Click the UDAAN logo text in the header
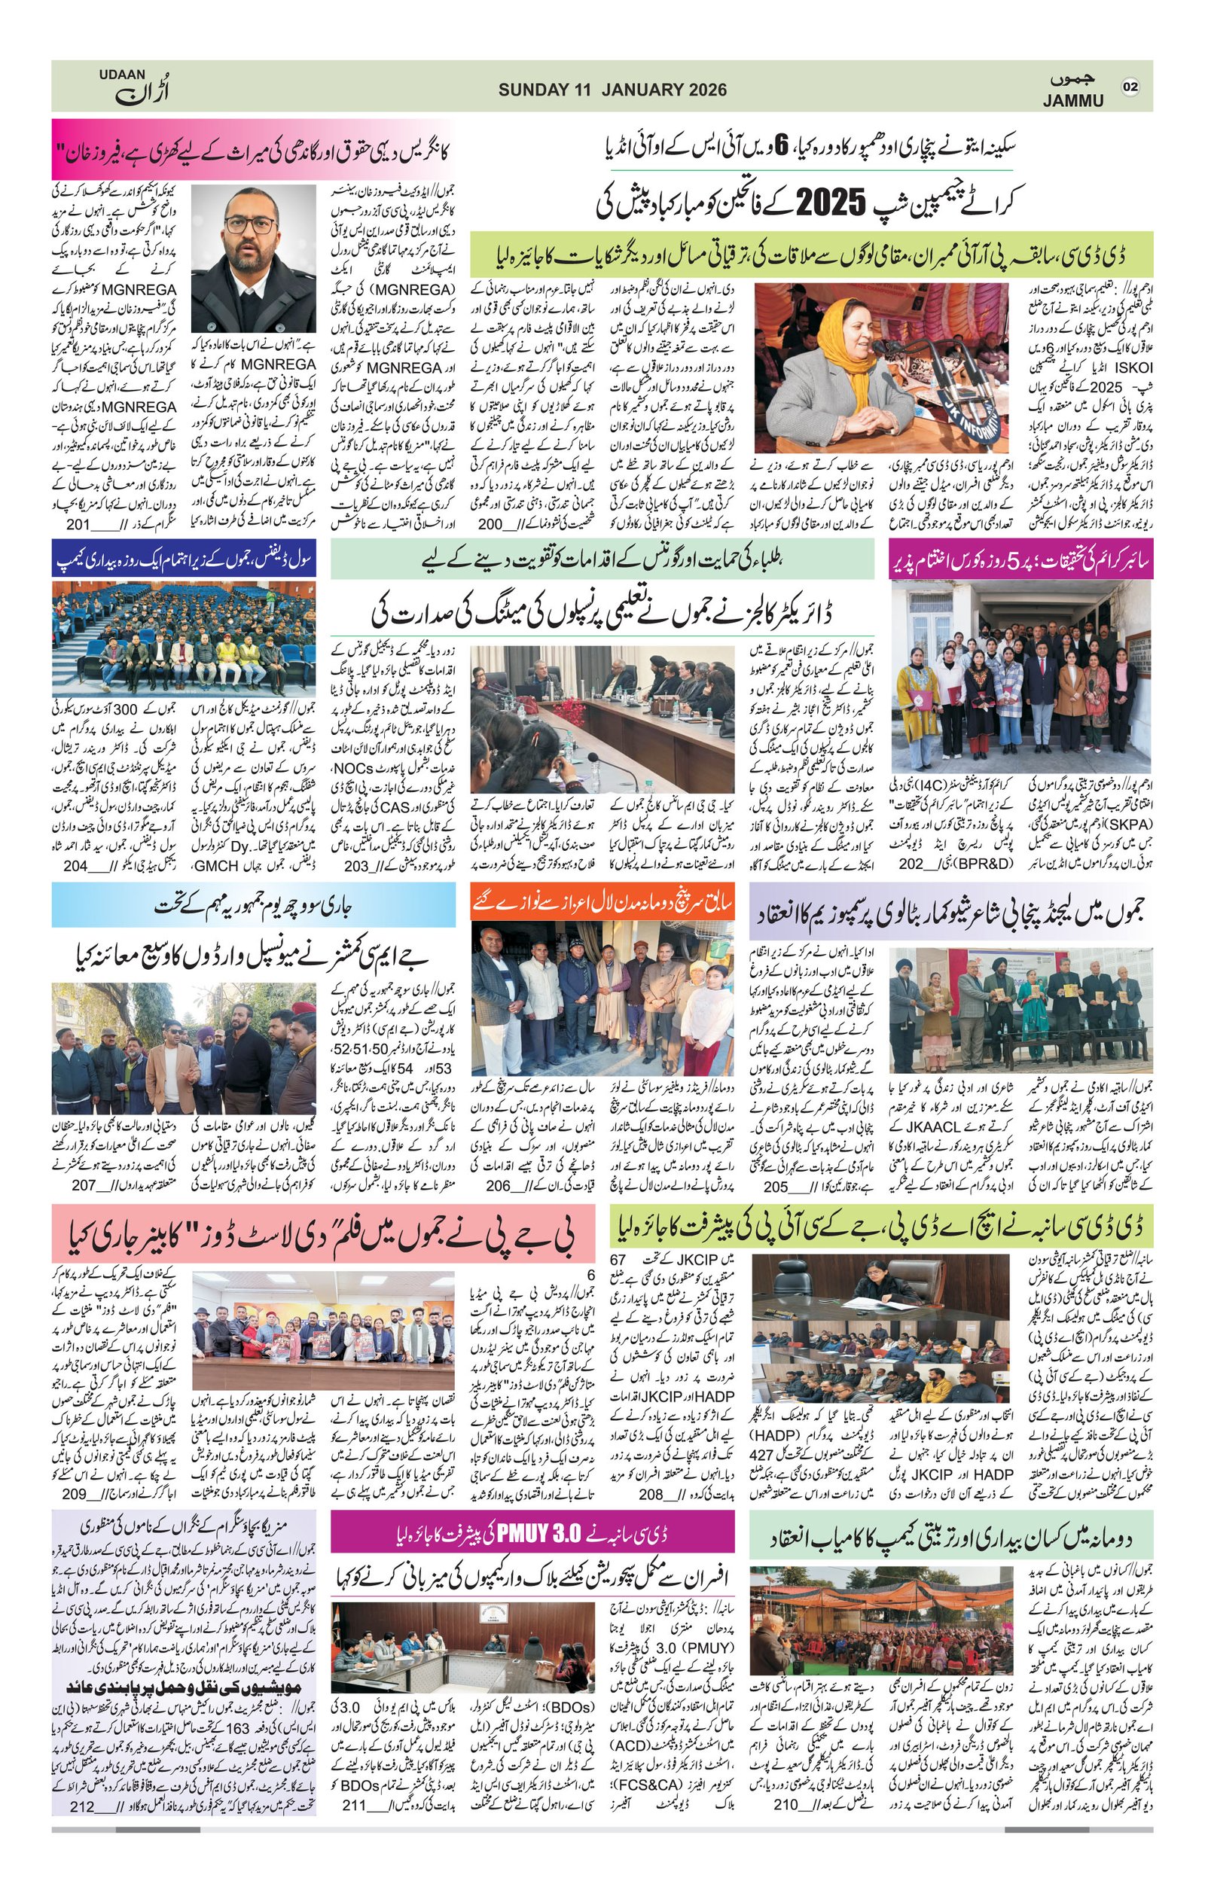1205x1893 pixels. [x=122, y=75]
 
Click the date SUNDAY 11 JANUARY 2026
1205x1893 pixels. [x=612, y=90]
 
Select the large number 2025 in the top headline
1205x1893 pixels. [x=834, y=203]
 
